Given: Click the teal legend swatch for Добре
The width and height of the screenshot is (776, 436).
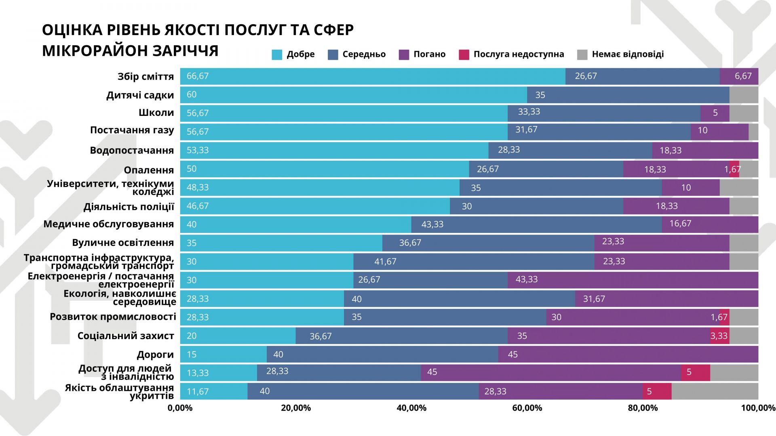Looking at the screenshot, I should [x=277, y=55].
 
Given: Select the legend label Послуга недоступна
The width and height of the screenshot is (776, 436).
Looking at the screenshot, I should [x=519, y=55].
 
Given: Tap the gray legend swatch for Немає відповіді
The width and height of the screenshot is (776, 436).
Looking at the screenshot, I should [x=582, y=55].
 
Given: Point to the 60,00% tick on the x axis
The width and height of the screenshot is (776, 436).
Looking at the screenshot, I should [x=527, y=408].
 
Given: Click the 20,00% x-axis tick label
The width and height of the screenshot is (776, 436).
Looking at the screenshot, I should [x=296, y=408].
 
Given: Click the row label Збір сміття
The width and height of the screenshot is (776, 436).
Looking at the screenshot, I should [x=145, y=77].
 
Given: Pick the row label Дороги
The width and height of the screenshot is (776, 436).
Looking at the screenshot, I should [x=155, y=355].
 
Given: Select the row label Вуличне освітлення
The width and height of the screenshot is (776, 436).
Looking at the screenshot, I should [x=123, y=243].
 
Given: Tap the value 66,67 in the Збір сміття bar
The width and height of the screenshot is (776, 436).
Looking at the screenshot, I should [x=198, y=76].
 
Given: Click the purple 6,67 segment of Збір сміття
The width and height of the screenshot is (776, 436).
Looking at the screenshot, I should [x=739, y=76].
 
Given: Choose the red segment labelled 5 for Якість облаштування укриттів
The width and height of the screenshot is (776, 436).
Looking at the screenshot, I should [x=657, y=391].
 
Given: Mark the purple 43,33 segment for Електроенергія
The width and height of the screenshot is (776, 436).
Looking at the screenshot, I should [x=633, y=280].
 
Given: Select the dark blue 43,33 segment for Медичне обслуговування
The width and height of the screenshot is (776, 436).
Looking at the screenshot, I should [x=536, y=224].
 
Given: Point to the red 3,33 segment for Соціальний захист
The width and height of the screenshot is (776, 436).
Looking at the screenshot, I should [x=719, y=336].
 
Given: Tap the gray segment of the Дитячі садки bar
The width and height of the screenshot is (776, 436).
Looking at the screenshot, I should [x=744, y=95].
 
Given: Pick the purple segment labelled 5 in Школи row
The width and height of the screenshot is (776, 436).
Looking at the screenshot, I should [x=715, y=113].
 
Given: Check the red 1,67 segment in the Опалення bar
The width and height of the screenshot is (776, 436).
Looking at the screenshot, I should [x=734, y=169].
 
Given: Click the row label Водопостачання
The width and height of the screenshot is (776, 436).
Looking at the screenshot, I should [x=132, y=151].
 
